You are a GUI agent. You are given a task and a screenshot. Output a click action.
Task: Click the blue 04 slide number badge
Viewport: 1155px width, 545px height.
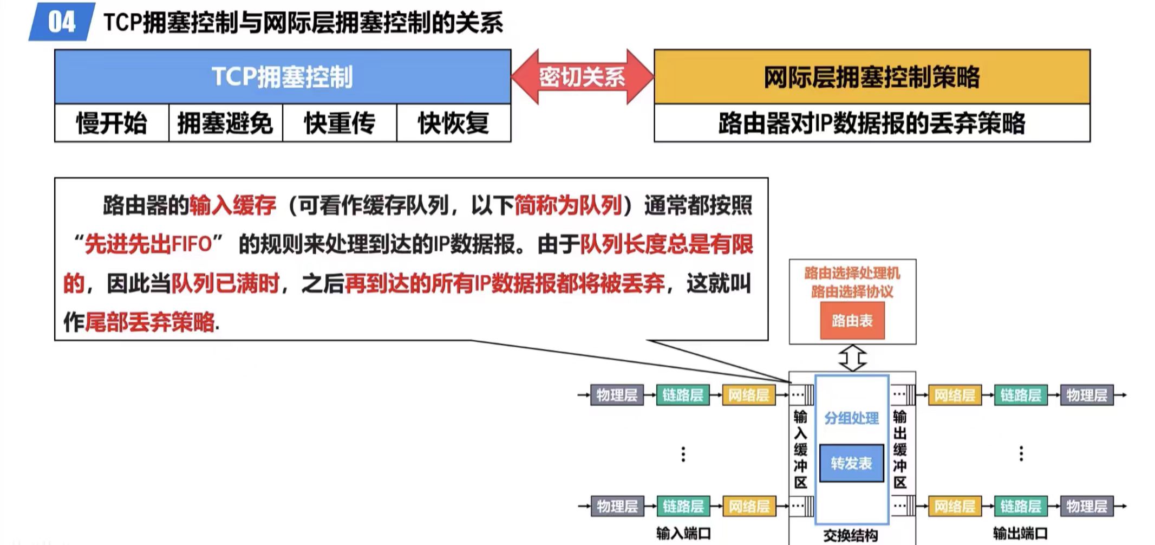[61, 22]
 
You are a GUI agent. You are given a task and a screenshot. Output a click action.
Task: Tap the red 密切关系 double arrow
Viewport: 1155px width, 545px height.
[582, 77]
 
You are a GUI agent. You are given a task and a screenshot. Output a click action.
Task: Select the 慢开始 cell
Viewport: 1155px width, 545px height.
[112, 123]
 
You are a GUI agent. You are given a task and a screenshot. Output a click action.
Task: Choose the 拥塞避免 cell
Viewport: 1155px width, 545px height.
[225, 123]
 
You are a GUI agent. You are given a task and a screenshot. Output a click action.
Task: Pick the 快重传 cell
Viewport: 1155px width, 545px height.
[340, 123]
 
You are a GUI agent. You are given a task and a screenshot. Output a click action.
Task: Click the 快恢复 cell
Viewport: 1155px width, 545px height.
[454, 123]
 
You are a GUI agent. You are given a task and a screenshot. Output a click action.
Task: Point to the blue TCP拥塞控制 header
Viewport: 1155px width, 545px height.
[282, 76]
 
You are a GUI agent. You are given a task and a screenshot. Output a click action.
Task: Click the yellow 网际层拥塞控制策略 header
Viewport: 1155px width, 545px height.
[871, 76]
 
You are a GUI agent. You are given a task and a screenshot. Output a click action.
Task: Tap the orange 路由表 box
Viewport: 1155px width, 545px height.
[852, 321]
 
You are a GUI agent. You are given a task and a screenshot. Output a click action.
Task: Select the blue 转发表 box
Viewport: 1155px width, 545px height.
[851, 463]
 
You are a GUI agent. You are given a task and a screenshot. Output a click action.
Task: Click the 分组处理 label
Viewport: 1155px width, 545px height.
[851, 418]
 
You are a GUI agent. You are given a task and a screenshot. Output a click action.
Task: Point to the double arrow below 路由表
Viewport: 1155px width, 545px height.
[852, 358]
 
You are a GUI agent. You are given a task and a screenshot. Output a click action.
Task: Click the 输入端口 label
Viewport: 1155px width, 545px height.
[683, 533]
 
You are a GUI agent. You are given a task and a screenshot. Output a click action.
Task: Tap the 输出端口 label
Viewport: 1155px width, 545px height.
[1020, 533]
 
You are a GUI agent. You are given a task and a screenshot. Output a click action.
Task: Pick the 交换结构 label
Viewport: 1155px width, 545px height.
[851, 535]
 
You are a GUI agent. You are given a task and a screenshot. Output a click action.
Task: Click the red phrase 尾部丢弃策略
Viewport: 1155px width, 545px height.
[150, 322]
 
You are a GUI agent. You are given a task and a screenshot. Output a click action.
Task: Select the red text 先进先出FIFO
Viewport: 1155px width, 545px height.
[148, 244]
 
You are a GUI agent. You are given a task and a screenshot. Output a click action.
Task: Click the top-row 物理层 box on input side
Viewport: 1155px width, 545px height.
[617, 395]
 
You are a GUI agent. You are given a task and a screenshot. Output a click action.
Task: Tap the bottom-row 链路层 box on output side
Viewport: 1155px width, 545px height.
[1021, 507]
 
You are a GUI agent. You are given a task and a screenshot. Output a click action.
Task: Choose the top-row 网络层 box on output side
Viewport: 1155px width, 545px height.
[955, 395]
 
